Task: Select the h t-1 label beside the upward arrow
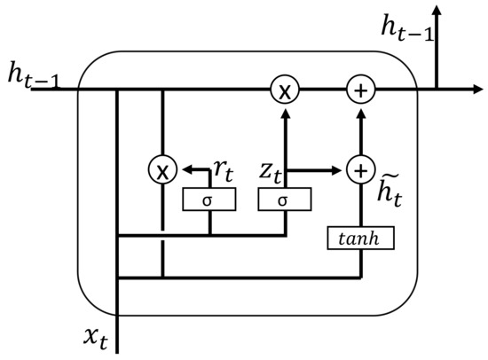point(407,30)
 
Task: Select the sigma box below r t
point(209,200)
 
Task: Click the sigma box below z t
point(284,200)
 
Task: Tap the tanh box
point(359,238)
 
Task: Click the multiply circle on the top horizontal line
point(284,90)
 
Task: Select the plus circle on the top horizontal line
point(359,90)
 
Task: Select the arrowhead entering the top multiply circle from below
point(284,110)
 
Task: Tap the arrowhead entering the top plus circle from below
point(359,110)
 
